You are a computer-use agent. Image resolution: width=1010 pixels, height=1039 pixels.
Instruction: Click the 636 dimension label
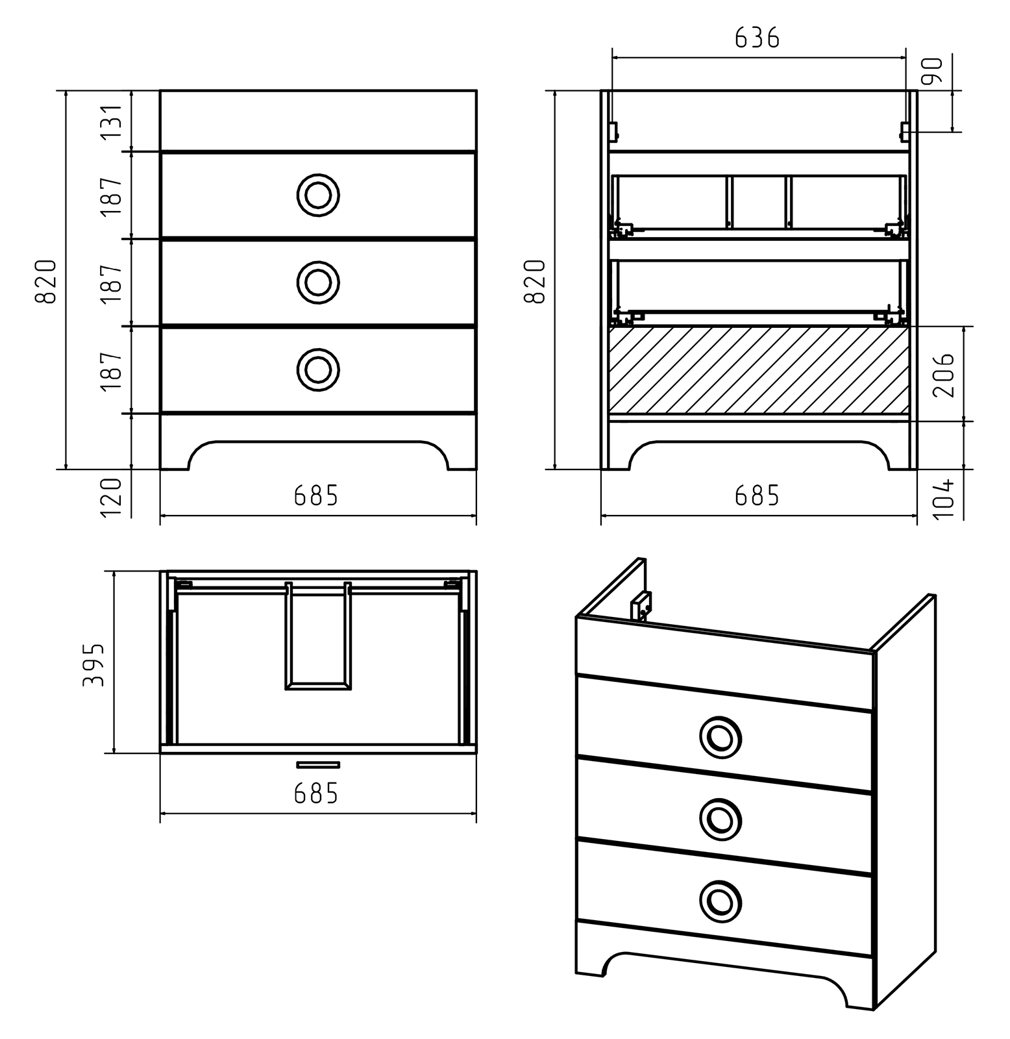point(757,38)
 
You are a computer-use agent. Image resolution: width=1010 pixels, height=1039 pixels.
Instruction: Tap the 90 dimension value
point(931,71)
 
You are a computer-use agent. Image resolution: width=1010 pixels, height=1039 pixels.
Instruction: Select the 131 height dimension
point(111,121)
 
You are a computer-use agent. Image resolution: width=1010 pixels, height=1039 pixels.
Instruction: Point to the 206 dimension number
point(943,375)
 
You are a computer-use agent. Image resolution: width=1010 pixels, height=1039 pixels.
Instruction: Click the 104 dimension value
point(943,498)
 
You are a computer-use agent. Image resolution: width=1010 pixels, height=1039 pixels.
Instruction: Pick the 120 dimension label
point(111,497)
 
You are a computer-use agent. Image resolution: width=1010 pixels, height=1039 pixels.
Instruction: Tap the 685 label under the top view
point(316,793)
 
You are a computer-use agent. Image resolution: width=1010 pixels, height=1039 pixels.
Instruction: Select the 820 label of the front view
point(46,281)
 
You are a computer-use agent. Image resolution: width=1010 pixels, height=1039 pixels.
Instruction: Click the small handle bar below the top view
point(318,764)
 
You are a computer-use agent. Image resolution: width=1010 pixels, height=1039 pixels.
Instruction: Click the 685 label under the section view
point(757,496)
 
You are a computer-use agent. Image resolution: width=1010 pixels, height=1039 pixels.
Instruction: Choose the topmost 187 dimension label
point(111,196)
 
